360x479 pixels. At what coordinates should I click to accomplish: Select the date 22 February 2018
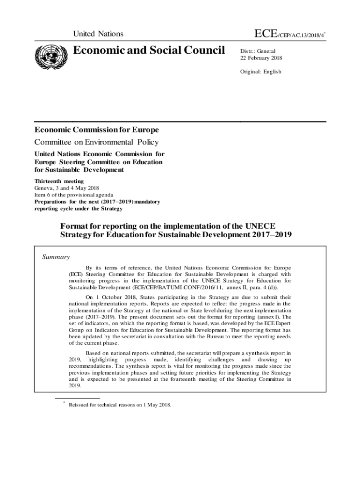(261, 58)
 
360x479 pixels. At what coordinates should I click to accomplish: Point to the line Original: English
(261, 72)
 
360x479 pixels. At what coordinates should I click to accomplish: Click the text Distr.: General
(258, 51)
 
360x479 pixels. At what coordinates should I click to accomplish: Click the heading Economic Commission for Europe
(97, 130)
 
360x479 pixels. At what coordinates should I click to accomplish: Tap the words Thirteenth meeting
(59, 181)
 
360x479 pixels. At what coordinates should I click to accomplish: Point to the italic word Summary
(56, 257)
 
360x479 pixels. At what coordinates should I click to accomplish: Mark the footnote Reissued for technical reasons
(120, 405)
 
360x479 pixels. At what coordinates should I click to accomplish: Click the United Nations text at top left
(98, 34)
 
